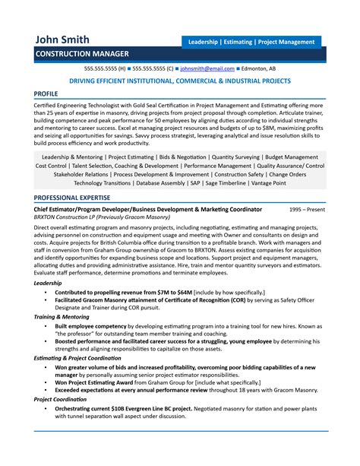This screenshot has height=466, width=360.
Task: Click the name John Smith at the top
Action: [x=62, y=39]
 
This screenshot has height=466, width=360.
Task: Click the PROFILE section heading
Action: [x=52, y=93]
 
